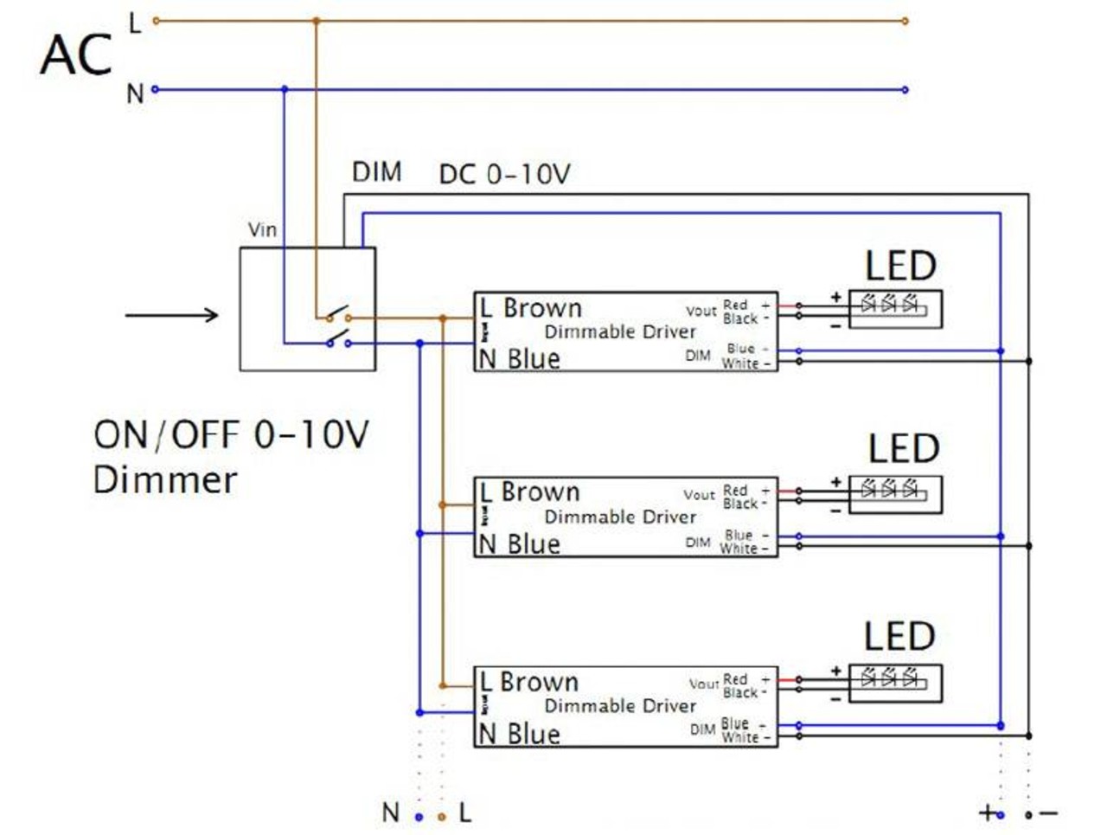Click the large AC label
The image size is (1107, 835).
[x=76, y=55]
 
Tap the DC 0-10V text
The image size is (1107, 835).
[x=504, y=175]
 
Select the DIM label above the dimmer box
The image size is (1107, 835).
[x=376, y=172]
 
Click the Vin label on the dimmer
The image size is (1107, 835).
[x=262, y=230]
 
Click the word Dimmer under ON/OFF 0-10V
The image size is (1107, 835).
[x=164, y=480]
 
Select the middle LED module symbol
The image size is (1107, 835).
[x=895, y=494]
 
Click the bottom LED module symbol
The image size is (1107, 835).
[x=895, y=683]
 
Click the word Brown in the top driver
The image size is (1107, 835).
[x=542, y=308]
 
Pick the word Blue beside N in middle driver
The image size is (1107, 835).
[x=534, y=544]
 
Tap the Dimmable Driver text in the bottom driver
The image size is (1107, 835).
[x=619, y=706]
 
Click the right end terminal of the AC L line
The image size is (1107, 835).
[x=905, y=21]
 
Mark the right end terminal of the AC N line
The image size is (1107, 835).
[x=905, y=90]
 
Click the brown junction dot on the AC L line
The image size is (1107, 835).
[x=316, y=21]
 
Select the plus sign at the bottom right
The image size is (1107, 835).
[x=986, y=813]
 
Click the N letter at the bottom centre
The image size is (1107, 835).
[x=390, y=813]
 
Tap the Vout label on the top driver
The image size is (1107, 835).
[x=701, y=311]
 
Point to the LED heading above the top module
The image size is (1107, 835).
[x=900, y=266]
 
